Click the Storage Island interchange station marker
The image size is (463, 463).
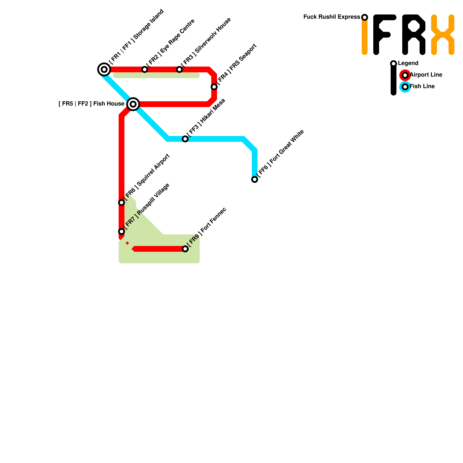104,69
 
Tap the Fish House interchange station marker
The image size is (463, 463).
133,104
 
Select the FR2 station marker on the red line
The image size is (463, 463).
145,69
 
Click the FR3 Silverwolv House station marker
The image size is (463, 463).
179,69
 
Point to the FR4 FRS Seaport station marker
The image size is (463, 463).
214,87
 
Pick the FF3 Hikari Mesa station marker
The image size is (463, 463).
185,139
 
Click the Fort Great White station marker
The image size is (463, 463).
255,179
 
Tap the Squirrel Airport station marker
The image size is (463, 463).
122,203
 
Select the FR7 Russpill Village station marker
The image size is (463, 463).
122,231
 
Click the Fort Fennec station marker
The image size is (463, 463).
185,249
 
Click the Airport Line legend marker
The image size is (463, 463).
405,75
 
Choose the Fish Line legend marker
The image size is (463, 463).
405,87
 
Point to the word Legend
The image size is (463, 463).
408,63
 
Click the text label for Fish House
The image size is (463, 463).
91,104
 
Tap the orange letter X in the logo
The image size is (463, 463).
442,35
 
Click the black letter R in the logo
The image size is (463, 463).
414,35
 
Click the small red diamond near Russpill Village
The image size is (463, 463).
127,243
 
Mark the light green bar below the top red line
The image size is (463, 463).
156,76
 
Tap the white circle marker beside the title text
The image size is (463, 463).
365,17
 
